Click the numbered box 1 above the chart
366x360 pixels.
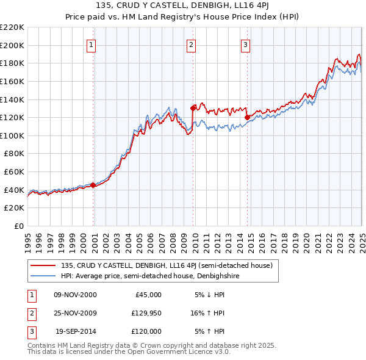91,44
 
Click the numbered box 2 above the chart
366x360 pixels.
191,44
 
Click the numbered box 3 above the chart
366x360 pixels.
245,44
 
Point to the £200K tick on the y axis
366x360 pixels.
12,45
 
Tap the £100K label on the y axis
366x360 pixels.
12,135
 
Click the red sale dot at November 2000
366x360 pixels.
93,185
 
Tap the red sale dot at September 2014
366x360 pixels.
247,117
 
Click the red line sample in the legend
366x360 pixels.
43,265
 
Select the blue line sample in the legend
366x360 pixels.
43,276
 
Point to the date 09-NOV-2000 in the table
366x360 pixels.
75,295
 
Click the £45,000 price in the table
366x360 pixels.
148,295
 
